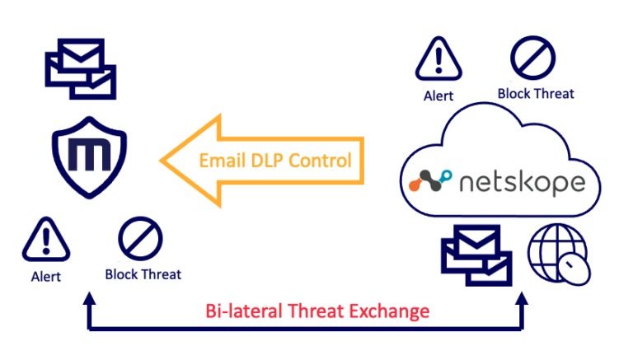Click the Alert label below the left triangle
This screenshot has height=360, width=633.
click(45, 277)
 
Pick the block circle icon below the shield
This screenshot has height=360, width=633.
click(136, 240)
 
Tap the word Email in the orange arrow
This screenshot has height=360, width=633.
click(222, 160)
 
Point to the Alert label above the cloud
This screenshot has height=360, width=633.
click(438, 96)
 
